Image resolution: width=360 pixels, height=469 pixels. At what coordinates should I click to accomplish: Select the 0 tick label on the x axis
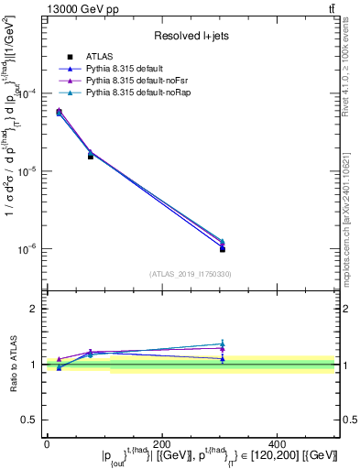coord(47,443)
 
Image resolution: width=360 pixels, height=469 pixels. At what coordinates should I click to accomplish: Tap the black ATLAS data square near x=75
coord(90,157)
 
